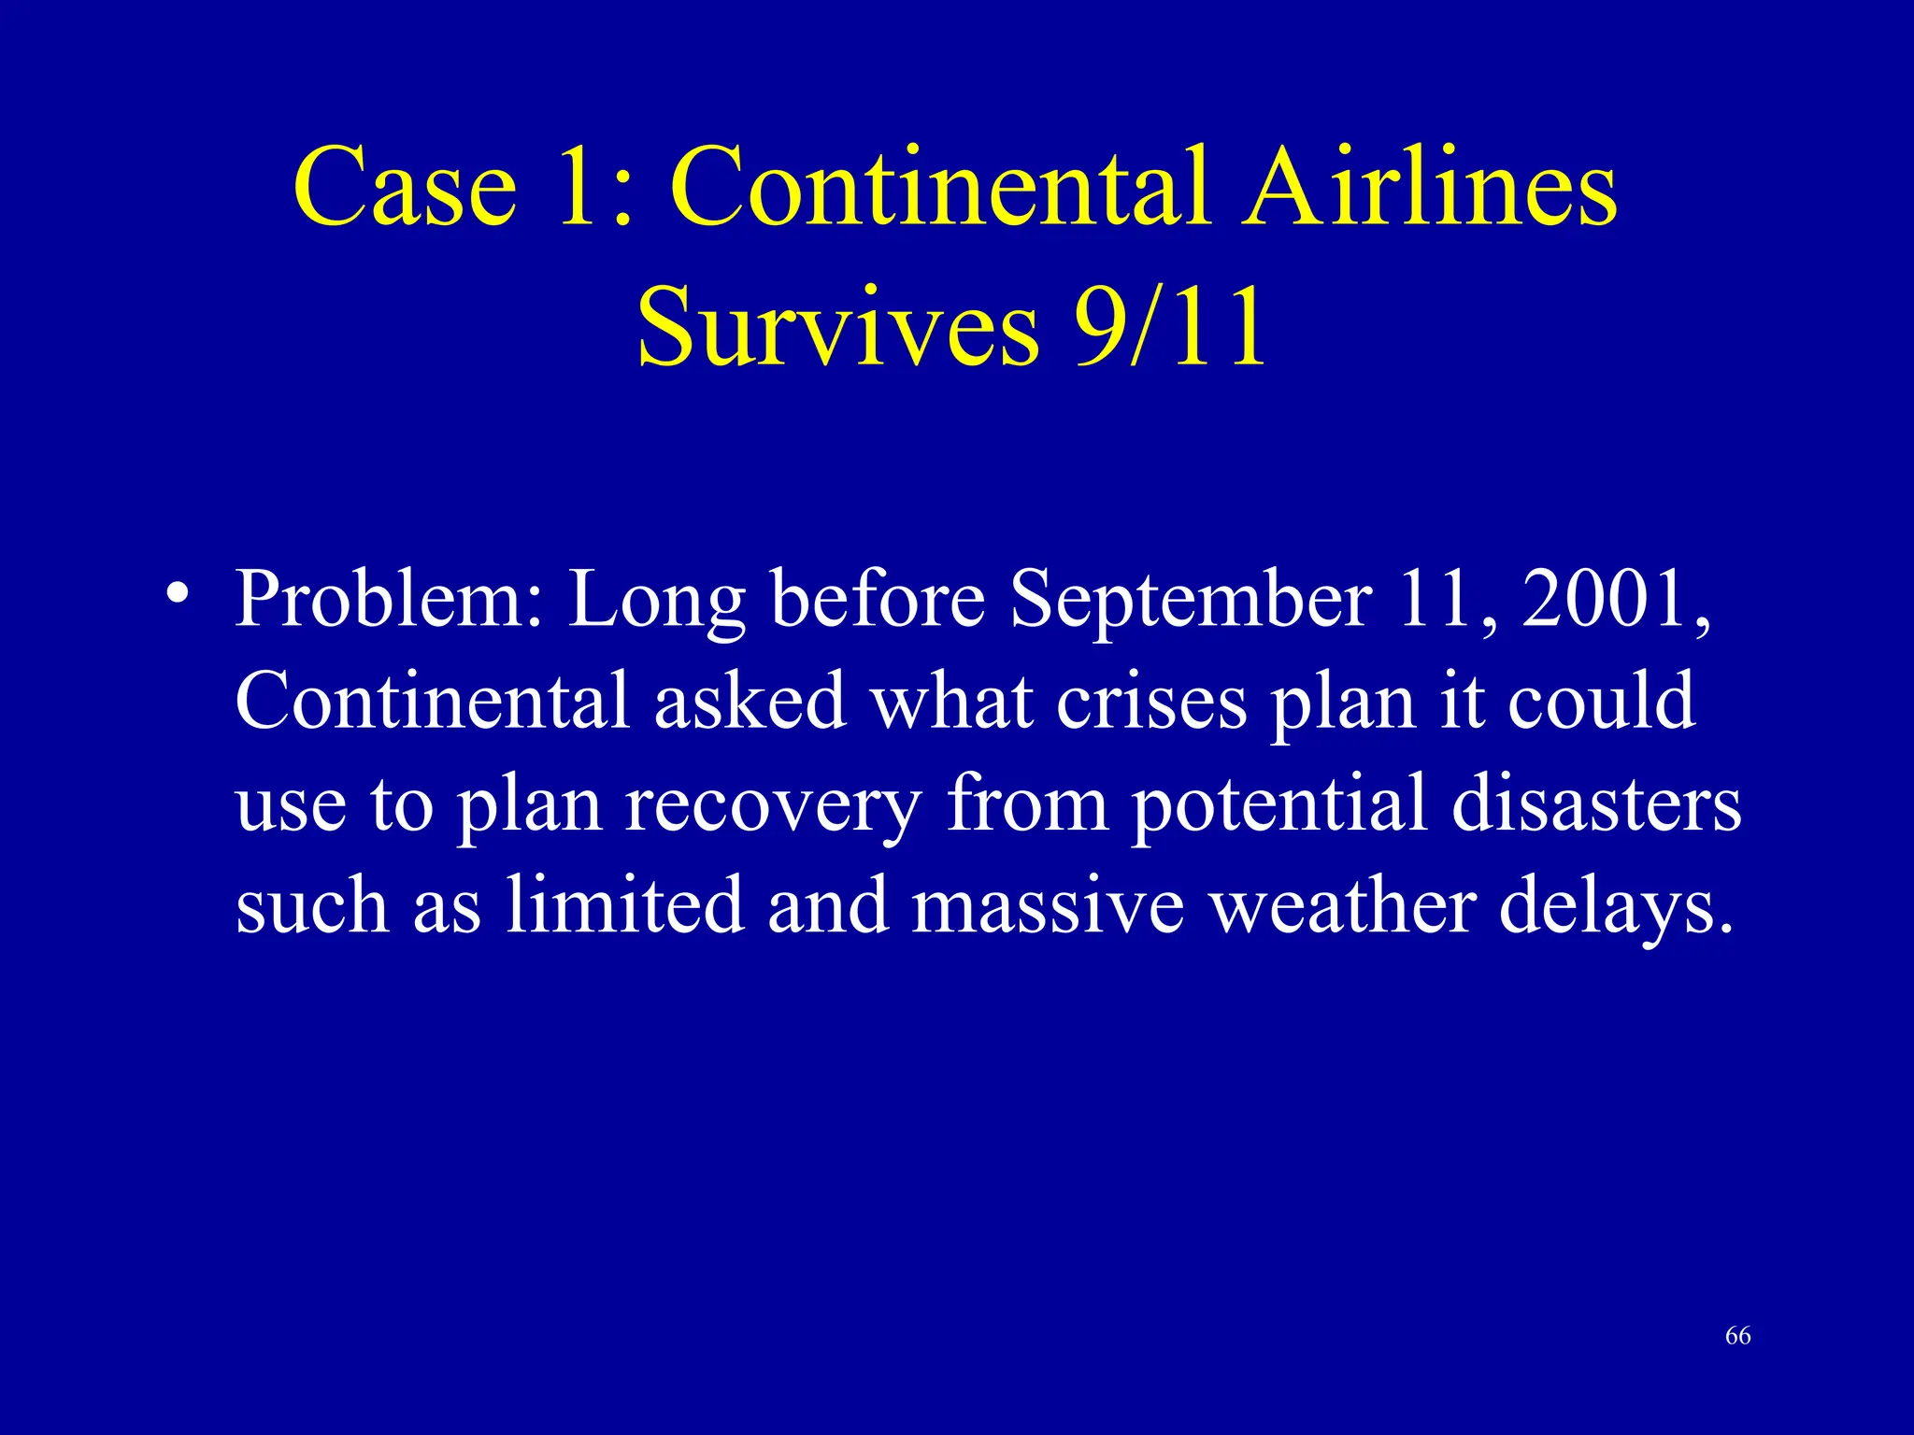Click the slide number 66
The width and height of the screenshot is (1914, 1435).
coord(1737,1336)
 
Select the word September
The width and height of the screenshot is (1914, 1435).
coord(1192,600)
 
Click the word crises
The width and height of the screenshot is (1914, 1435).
coord(1151,701)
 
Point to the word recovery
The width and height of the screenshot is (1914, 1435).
coord(774,805)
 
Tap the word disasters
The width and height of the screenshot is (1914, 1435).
coord(1596,803)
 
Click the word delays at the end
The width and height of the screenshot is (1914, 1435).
coord(1615,906)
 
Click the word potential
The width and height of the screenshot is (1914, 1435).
coord(1278,803)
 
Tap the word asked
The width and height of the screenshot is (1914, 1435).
coord(750,701)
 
